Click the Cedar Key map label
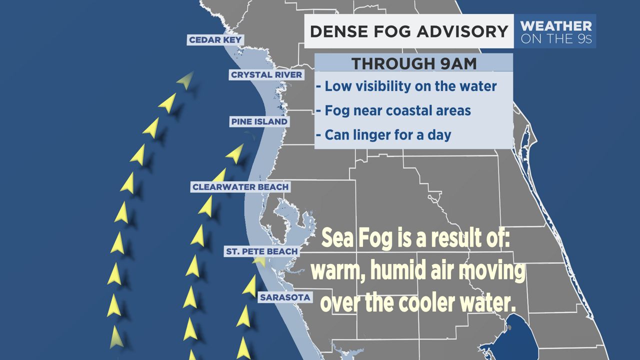pos(215,40)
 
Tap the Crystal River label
pos(266,75)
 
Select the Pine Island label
pos(259,121)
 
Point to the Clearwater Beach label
pos(240,187)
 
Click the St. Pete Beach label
pos(261,251)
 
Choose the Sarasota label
pos(285,297)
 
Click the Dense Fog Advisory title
pos(408,31)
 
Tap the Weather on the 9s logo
pos(556,31)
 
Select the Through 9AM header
pos(413,63)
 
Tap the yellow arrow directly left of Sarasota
pos(249,285)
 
